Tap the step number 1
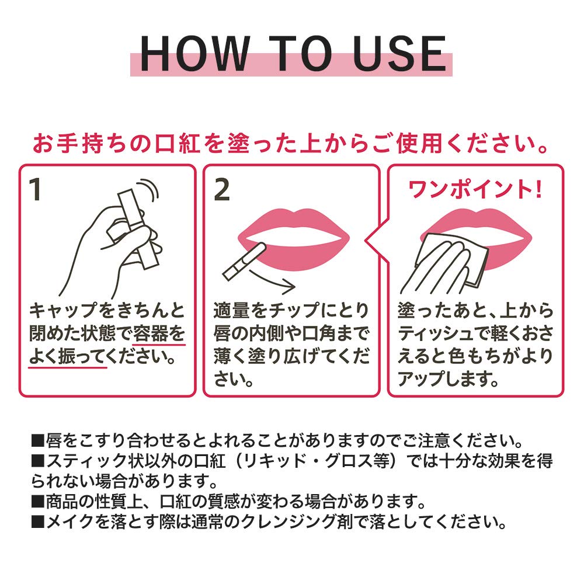pyautogui.click(x=36, y=190)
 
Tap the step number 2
pyautogui.click(x=222, y=190)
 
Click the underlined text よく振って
pyautogui.click(x=68, y=356)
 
